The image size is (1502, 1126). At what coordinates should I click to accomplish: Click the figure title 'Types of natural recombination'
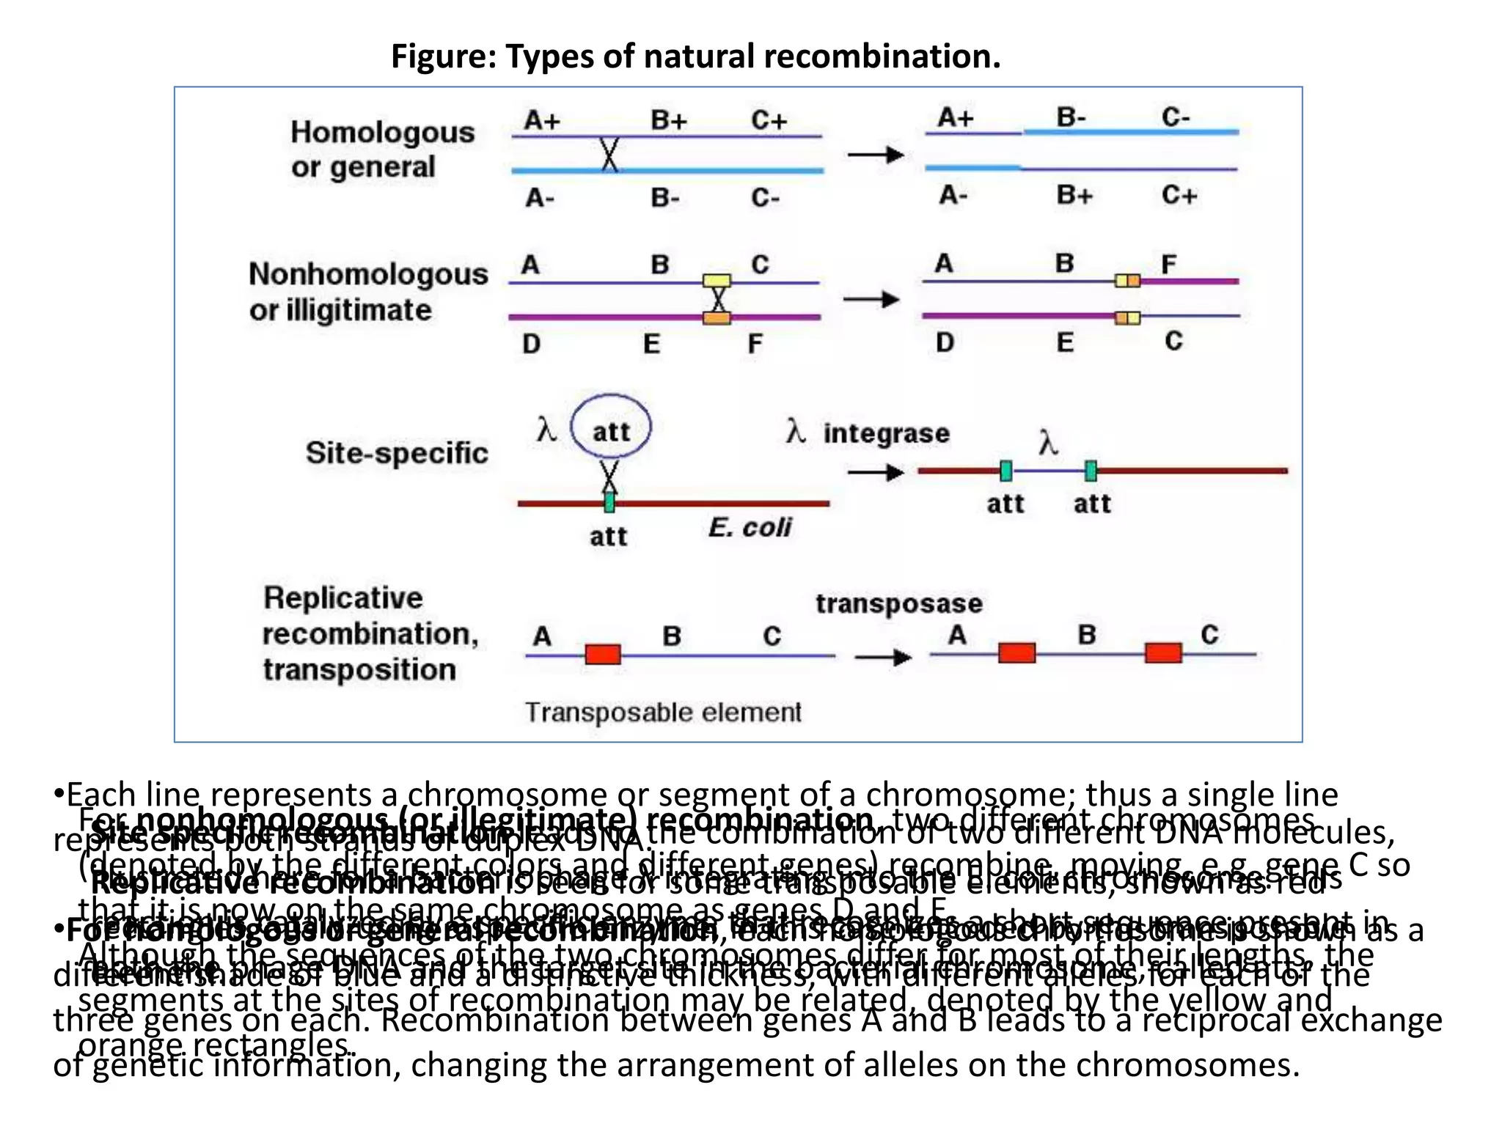pyautogui.click(x=695, y=56)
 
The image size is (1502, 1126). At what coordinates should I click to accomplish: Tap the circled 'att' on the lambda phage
pyautogui.click(x=610, y=430)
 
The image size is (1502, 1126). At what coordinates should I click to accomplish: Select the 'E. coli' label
pyautogui.click(x=750, y=527)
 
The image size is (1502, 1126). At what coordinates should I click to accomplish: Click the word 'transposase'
pyautogui.click(x=898, y=603)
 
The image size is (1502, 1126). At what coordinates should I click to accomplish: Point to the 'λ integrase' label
pyautogui.click(x=868, y=433)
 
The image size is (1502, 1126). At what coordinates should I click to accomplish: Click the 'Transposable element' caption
pyautogui.click(x=663, y=712)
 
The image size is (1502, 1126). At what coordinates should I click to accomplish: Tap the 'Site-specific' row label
pyautogui.click(x=396, y=452)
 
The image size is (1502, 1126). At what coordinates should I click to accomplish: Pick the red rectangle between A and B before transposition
pyautogui.click(x=603, y=653)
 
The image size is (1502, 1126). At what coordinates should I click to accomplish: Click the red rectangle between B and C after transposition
pyautogui.click(x=1163, y=652)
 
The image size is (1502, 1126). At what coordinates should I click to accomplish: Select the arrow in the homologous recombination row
pyautogui.click(x=875, y=155)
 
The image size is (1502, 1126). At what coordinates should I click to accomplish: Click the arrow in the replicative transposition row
pyautogui.click(x=882, y=657)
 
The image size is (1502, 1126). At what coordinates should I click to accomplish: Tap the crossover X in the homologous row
pyautogui.click(x=609, y=154)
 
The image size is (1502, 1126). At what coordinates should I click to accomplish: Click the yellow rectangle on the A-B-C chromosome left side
pyautogui.click(x=717, y=280)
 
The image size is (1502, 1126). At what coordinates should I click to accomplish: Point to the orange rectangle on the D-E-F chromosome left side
pyautogui.click(x=717, y=317)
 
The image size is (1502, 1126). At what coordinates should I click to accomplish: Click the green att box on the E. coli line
pyautogui.click(x=609, y=502)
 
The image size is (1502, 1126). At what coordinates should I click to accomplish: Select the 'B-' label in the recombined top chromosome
pyautogui.click(x=1071, y=117)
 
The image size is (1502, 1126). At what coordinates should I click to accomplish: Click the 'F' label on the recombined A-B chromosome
pyautogui.click(x=1169, y=263)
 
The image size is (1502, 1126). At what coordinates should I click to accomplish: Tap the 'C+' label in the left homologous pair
pyautogui.click(x=769, y=119)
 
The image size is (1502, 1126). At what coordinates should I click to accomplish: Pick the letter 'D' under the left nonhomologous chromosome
pyautogui.click(x=531, y=343)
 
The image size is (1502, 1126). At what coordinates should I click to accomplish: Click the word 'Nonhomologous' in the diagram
pyautogui.click(x=368, y=274)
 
